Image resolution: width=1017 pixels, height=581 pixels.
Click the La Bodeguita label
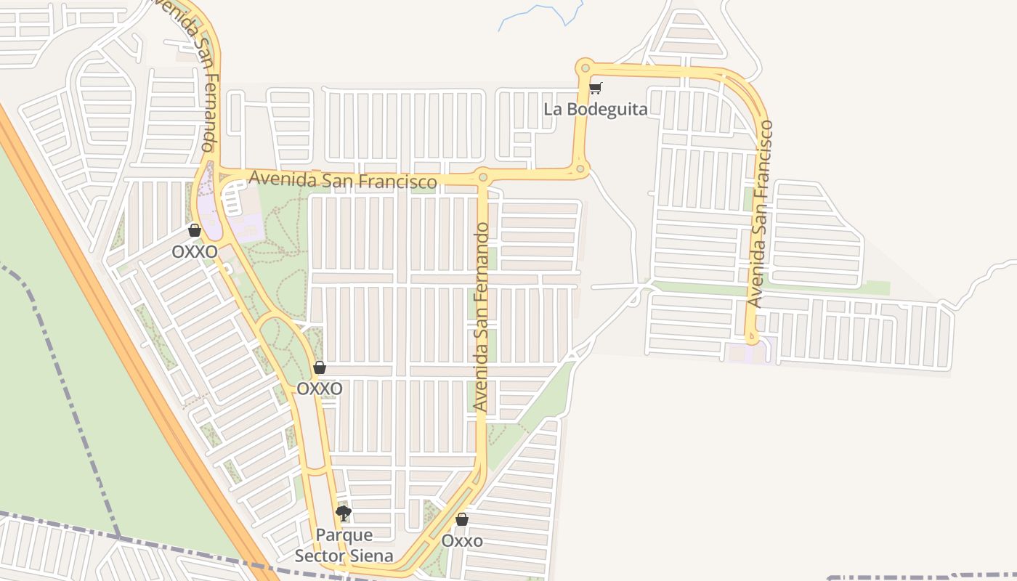coord(596,110)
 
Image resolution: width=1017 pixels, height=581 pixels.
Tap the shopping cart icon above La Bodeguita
coord(595,89)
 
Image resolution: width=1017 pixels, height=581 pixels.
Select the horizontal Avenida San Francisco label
coord(343,179)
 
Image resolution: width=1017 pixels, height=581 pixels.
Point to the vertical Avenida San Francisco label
coord(760,214)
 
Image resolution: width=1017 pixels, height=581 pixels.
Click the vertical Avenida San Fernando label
coord(482,317)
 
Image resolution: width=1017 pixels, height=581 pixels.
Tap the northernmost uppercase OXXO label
coord(194,251)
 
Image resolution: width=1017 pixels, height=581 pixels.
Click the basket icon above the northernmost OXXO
coord(194,231)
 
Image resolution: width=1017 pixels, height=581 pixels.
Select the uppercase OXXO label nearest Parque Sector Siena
coord(320,389)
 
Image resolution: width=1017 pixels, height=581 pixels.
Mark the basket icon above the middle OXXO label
coord(320,368)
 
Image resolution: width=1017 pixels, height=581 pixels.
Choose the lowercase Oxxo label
coord(462,541)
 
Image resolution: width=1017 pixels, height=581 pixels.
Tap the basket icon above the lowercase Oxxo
coord(461,520)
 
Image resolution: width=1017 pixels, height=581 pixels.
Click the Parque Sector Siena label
coord(344,545)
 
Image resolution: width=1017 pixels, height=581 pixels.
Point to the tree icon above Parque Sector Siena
coord(344,514)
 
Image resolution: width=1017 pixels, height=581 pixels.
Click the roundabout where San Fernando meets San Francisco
coord(482,176)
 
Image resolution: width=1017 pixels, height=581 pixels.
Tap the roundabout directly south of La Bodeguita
coord(580,169)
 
